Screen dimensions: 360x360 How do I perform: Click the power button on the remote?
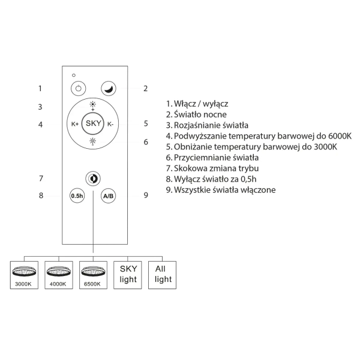tap(77, 88)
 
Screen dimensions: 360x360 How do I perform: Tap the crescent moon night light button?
tap(108, 88)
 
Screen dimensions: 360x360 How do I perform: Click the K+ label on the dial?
tap(76, 124)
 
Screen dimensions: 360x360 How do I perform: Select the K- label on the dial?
tap(110, 124)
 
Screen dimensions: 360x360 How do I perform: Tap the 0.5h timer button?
tap(77, 196)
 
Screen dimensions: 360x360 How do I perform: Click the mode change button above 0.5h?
tap(93, 178)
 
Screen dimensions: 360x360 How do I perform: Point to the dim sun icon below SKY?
tap(93, 142)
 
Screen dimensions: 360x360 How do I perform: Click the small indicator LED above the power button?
tap(73, 75)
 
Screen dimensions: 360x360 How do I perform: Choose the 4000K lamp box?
tap(59, 275)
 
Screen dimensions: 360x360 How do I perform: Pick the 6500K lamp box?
tap(93, 275)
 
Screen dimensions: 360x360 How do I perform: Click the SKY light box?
tap(128, 275)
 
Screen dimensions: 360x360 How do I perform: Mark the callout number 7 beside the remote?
tap(40, 178)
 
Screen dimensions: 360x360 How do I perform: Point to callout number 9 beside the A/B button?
tap(145, 195)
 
